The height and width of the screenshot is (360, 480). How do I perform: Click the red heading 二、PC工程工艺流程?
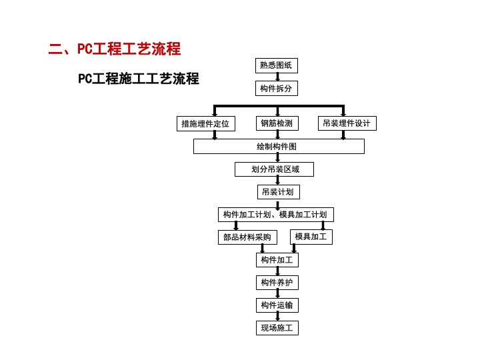(x=115, y=49)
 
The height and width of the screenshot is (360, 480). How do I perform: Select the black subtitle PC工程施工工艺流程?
(x=139, y=79)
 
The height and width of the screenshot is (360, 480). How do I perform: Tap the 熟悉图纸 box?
(x=277, y=65)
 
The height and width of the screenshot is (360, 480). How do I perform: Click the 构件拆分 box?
(x=277, y=89)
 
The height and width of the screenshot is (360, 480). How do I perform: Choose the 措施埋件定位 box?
(x=206, y=124)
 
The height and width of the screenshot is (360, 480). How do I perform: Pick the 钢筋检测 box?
(x=277, y=123)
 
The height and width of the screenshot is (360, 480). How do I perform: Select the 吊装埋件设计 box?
(x=347, y=123)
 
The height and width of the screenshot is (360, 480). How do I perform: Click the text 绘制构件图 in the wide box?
(x=277, y=146)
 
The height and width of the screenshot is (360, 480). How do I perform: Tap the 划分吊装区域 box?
(x=274, y=169)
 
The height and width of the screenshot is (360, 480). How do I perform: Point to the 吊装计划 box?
(x=279, y=192)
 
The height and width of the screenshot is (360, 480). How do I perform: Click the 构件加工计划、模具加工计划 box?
(x=276, y=215)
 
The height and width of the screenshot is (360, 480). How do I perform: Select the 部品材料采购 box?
(x=247, y=237)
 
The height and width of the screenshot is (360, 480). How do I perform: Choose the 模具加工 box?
(x=311, y=237)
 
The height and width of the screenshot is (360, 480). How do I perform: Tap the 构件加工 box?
(x=277, y=260)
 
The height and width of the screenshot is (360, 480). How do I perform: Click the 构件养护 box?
(x=277, y=283)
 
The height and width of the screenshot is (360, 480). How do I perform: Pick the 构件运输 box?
(x=277, y=305)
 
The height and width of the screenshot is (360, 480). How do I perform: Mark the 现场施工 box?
(x=277, y=328)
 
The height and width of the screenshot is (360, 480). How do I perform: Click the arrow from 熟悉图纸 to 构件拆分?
(x=277, y=77)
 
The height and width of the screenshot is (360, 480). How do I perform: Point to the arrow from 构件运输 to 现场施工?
(x=277, y=317)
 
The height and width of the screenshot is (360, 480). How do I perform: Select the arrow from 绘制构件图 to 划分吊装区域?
(x=277, y=158)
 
